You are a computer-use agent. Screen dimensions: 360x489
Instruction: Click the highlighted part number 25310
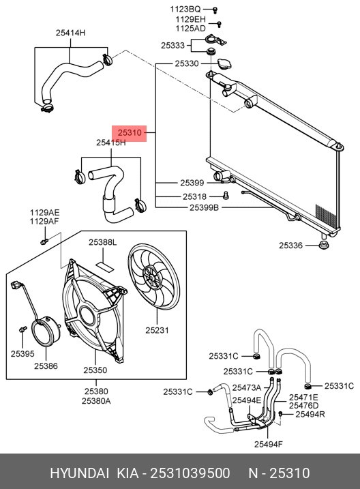[130, 133]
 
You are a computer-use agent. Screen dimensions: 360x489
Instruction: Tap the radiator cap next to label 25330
[224, 64]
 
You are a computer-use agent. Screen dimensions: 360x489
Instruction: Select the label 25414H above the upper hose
[70, 33]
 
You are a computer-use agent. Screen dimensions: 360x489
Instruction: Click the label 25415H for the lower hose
[110, 143]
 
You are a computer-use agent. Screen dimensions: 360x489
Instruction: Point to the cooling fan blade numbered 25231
[153, 277]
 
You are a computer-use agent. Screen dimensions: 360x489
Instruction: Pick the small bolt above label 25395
[22, 329]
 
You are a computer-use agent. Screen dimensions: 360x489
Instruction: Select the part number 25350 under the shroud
[95, 370]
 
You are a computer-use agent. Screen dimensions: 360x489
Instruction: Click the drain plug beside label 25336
[324, 245]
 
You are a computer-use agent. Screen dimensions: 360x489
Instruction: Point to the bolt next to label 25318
[226, 196]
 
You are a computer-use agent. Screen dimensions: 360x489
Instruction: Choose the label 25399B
[204, 207]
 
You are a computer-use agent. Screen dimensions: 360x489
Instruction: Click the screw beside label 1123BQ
[215, 10]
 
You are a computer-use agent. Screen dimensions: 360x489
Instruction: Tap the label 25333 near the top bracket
[172, 46]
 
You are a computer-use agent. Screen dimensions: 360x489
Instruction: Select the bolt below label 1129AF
[44, 241]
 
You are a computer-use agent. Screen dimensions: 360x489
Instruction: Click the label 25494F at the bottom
[269, 444]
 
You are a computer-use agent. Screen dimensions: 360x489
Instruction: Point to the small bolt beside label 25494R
[280, 414]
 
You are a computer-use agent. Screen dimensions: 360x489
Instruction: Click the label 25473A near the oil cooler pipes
[247, 387]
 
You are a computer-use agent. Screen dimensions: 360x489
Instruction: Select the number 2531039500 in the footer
[190, 473]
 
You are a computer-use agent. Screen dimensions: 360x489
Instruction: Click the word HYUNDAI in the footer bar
[80, 473]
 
